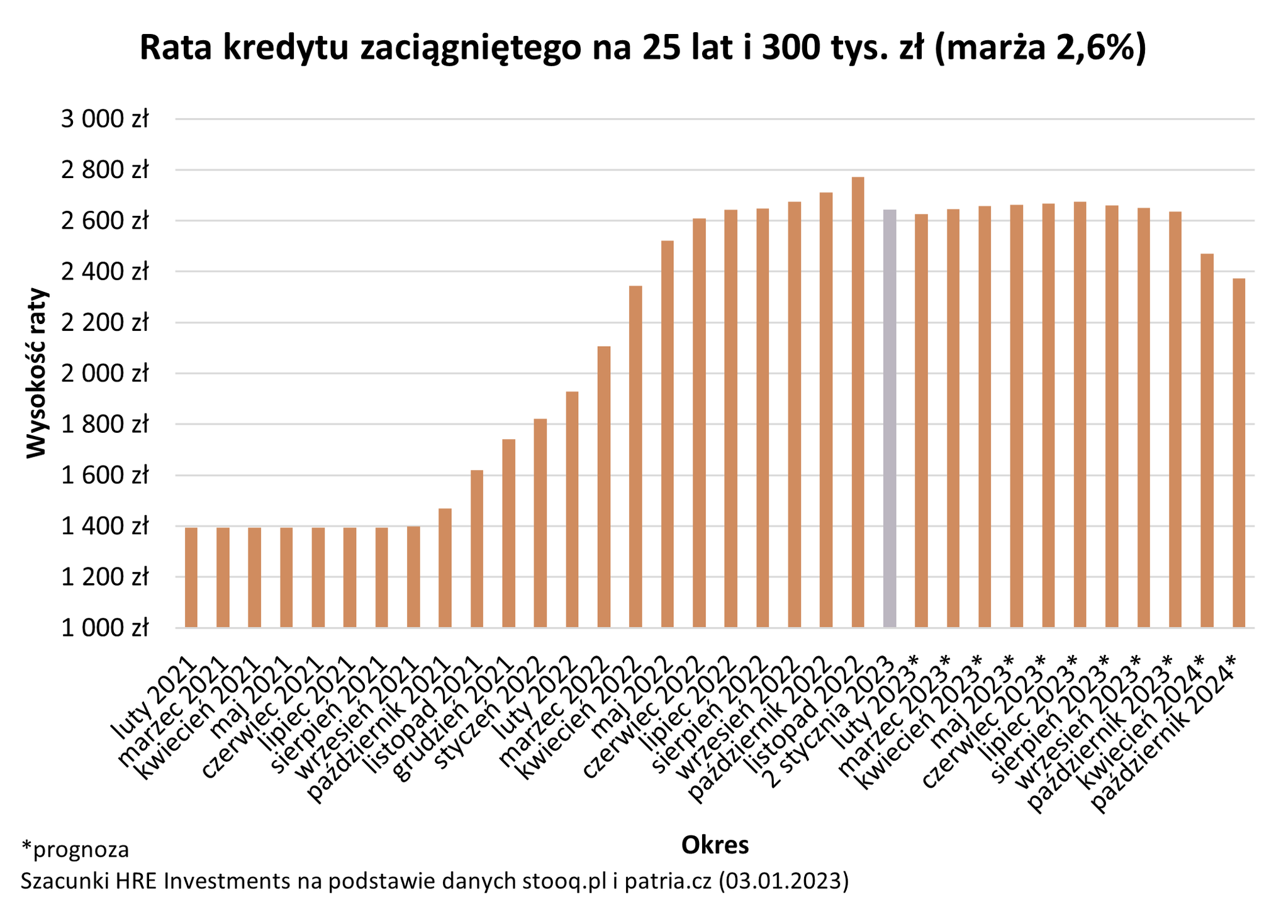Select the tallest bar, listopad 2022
point(858,403)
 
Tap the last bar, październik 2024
point(1238,453)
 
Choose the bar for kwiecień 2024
point(1207,440)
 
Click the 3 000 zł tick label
point(104,119)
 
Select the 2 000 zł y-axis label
point(104,374)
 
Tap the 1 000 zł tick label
point(104,628)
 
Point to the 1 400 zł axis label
point(104,526)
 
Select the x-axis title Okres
point(715,845)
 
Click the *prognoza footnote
point(75,849)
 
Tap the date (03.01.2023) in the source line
point(784,881)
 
